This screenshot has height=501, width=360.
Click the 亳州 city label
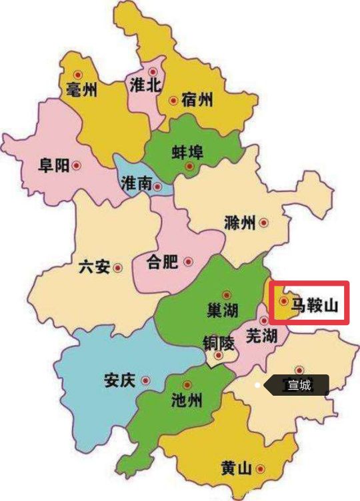coord(82,90)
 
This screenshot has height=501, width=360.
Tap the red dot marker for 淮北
coord(153,71)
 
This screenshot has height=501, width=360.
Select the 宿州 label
coord(197,101)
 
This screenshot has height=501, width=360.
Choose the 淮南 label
coord(136,184)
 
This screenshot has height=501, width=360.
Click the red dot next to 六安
coord(118,268)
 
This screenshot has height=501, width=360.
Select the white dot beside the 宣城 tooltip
coord(257,385)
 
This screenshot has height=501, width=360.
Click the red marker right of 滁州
coord(265,223)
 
